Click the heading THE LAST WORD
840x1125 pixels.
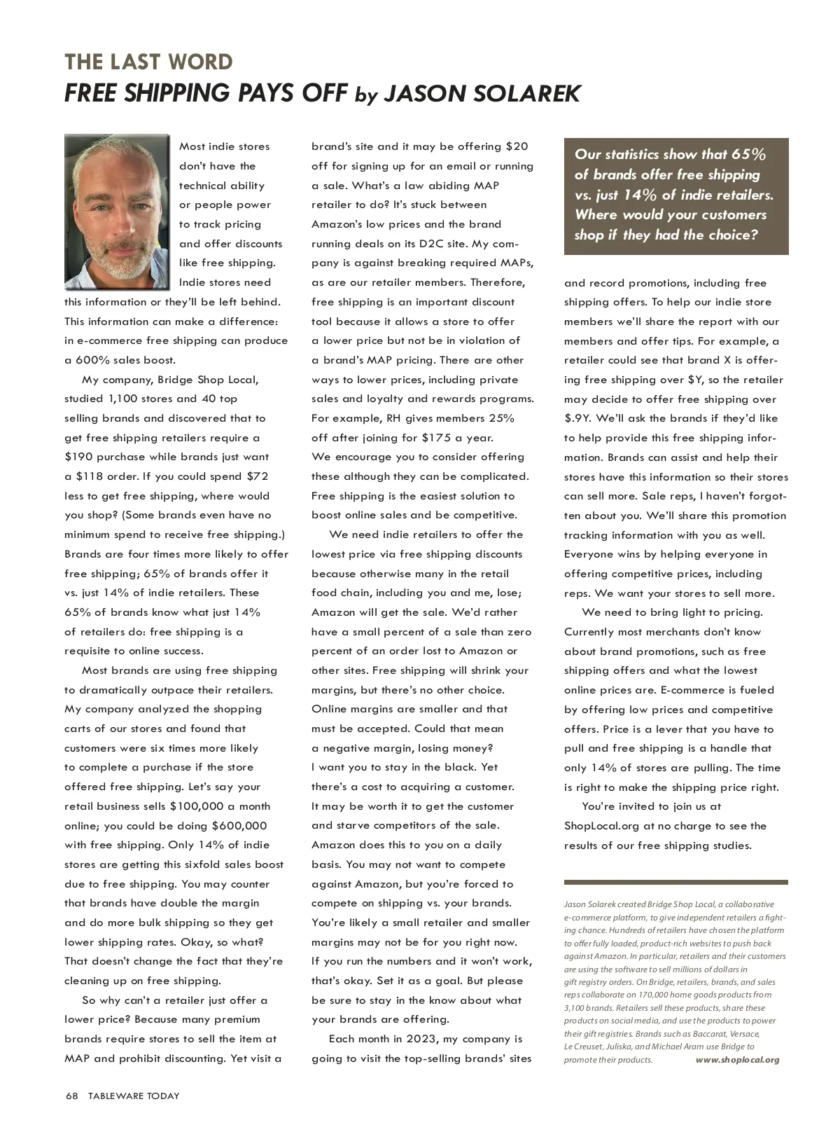pyautogui.click(x=148, y=62)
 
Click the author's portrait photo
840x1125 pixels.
pyautogui.click(x=117, y=212)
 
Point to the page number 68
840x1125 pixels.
pyautogui.click(x=71, y=1096)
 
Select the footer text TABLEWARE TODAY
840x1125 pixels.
pyautogui.click(x=134, y=1096)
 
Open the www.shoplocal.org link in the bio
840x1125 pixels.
pyautogui.click(x=737, y=1060)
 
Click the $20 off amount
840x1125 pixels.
pyautogui.click(x=517, y=146)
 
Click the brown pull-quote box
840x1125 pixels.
pyautogui.click(x=675, y=195)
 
